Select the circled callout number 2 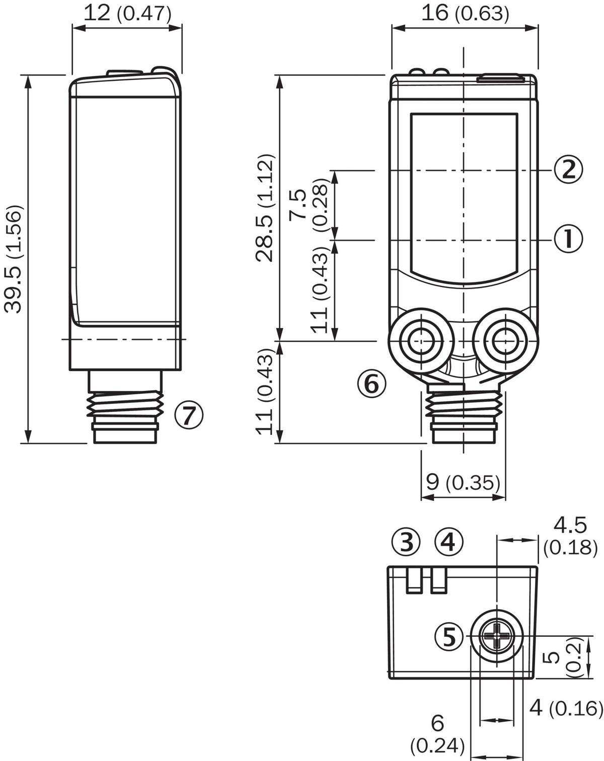pos(568,170)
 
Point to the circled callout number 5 pos(449,637)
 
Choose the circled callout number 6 pos(371,383)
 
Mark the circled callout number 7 pos(189,415)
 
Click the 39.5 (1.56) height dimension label pos(14,259)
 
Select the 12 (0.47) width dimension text pos(127,14)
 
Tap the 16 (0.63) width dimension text pos(465,14)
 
